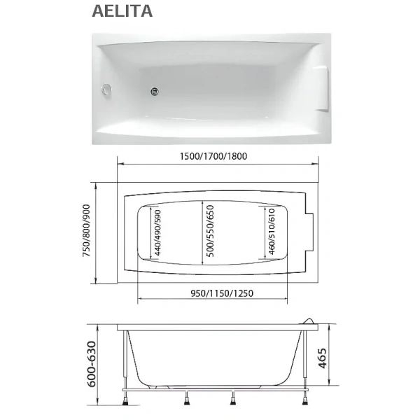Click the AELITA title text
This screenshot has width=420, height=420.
(122, 11)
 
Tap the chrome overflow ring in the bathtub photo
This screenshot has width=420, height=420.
(108, 89)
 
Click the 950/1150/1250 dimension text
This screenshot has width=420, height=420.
(211, 293)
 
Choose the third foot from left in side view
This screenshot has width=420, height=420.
(234, 400)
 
